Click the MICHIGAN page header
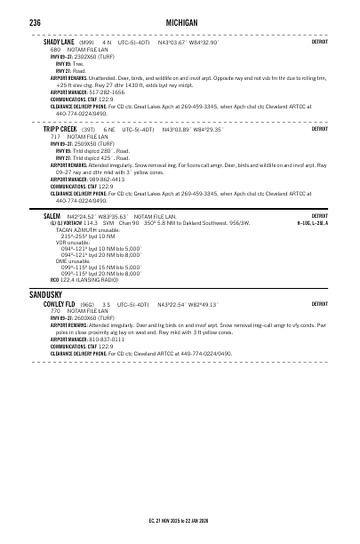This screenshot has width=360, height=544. point(180,20)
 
